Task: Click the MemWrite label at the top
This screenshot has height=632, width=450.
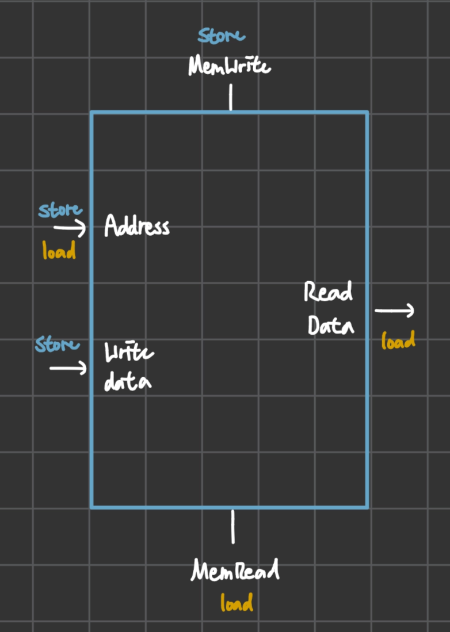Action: point(230,66)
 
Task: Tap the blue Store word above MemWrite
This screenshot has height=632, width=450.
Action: point(221,36)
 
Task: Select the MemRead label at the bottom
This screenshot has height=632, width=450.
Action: point(235,569)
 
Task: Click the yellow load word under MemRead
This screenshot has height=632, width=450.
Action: point(237,602)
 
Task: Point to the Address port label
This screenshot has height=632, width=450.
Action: point(137,225)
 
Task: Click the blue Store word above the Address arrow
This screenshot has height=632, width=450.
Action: point(60,210)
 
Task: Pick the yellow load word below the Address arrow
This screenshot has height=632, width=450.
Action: point(59,250)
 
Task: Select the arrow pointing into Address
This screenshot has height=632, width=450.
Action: point(70,228)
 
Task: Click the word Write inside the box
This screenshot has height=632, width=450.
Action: point(129,353)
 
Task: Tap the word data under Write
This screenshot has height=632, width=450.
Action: point(128,382)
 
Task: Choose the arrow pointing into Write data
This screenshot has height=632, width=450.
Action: point(68,368)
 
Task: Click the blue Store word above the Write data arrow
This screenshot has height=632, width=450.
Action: point(58,344)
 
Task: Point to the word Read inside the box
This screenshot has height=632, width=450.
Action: point(328,292)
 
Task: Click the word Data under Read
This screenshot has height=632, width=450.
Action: point(331,325)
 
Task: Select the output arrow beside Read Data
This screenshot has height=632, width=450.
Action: point(394,311)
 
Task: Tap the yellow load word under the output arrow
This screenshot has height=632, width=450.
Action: point(398,340)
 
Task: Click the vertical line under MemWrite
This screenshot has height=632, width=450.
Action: point(231,97)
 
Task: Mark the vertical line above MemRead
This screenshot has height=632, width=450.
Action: point(232,527)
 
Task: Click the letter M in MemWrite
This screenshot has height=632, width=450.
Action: point(196,66)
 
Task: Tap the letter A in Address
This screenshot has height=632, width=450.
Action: point(111,225)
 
